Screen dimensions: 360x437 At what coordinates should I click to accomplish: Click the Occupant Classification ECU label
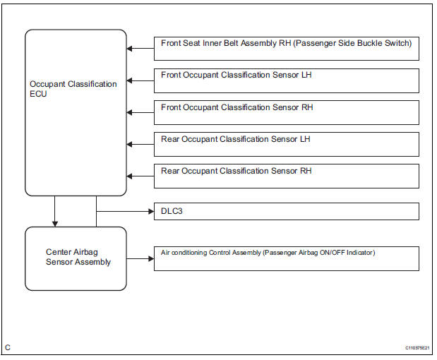[73, 89]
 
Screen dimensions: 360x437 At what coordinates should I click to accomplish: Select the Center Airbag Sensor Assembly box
[76, 258]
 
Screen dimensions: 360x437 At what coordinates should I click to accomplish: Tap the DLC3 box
[286, 211]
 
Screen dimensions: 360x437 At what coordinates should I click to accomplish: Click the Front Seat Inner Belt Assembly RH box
[286, 49]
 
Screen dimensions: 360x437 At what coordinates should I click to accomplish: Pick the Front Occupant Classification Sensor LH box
[286, 80]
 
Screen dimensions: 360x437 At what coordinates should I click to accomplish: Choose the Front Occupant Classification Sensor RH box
[286, 112]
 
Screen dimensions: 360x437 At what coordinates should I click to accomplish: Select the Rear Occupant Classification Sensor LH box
[286, 144]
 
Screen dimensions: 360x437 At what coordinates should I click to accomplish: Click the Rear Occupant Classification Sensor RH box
[286, 176]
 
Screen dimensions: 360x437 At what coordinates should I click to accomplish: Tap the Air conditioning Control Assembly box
[286, 258]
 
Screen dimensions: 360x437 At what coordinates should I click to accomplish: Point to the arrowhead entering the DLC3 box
[150, 211]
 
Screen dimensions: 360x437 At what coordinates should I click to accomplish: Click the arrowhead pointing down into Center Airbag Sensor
[55, 223]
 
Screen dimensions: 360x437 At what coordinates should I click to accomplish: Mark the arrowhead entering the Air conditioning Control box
[150, 258]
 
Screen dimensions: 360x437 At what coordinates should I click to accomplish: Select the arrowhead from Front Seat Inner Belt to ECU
[131, 49]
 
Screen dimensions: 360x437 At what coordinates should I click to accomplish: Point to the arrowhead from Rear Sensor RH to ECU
[131, 176]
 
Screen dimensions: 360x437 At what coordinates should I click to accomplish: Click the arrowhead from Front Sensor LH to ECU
[131, 80]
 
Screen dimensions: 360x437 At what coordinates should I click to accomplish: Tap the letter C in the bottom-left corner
[8, 347]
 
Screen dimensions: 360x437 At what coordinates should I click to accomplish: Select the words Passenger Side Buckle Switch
[353, 44]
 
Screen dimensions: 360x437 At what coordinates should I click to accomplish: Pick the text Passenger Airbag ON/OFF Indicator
[319, 253]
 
